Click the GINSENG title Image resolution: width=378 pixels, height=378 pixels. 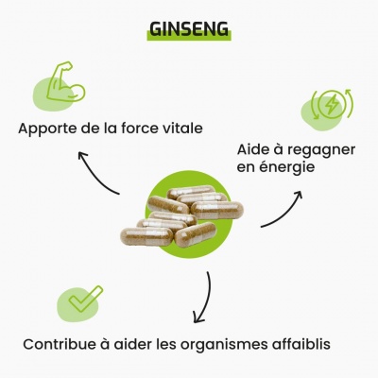[x=189, y=29]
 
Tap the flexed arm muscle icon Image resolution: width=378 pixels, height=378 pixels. [x=65, y=81]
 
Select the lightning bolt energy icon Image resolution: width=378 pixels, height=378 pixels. [x=331, y=104]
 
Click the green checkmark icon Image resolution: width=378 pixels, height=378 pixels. [x=86, y=299]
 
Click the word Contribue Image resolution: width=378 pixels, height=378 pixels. [x=60, y=344]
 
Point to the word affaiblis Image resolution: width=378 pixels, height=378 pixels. [x=299, y=344]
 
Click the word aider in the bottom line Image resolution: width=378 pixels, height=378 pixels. [x=132, y=344]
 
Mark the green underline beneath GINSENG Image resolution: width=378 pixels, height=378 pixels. [x=189, y=36]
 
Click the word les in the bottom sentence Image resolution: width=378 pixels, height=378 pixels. [x=166, y=344]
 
